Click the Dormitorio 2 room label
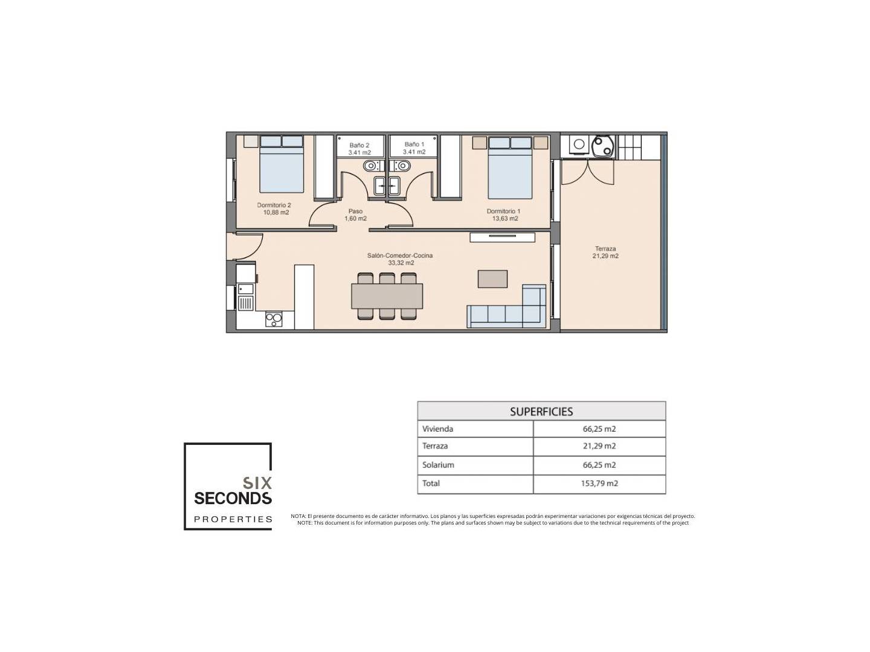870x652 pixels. (x=274, y=209)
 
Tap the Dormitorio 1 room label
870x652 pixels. (x=503, y=215)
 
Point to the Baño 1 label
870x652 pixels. (x=414, y=148)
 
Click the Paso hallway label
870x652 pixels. (x=355, y=215)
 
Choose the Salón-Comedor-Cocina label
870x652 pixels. (x=400, y=260)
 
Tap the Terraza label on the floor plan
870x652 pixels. (x=605, y=252)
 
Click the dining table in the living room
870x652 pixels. (x=387, y=296)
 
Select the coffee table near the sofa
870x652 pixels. (x=492, y=279)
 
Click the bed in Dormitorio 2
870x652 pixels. (x=282, y=164)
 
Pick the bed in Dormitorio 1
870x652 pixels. (x=509, y=167)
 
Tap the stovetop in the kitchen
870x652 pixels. (x=274, y=319)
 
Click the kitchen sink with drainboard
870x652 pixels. (x=245, y=297)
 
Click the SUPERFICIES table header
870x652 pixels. (x=541, y=412)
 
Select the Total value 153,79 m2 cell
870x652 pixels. (x=599, y=484)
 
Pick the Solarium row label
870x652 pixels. (x=438, y=465)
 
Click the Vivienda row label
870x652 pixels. (x=437, y=429)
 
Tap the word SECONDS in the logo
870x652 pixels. (x=233, y=499)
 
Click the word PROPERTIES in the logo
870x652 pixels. (x=233, y=519)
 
